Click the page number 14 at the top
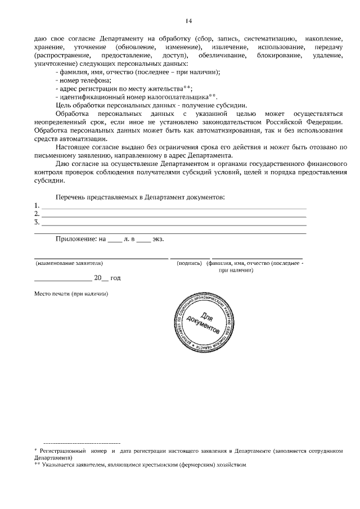(188, 21)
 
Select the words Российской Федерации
(303, 123)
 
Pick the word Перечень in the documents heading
(71, 197)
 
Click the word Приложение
(76, 239)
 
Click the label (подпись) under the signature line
(190, 263)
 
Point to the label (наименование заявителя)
(69, 263)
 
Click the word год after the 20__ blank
(115, 278)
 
